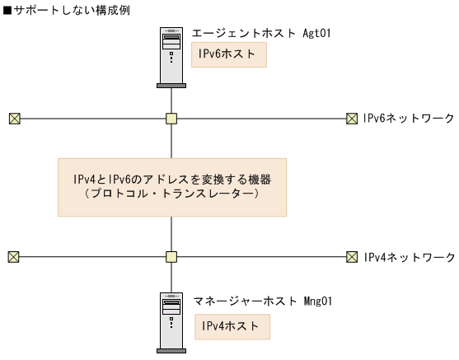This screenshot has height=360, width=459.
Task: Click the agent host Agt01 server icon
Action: tap(171, 57)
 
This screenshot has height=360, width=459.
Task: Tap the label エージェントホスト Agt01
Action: tap(261, 35)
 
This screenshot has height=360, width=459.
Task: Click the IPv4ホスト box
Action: tap(232, 326)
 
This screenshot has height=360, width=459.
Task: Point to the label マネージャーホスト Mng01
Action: tap(263, 301)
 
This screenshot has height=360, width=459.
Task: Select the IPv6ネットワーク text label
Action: tap(408, 119)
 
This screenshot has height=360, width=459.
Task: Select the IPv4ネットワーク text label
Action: tap(408, 257)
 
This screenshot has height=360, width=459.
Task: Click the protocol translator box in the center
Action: tap(171, 187)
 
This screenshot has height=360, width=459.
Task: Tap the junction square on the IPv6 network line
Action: tap(171, 119)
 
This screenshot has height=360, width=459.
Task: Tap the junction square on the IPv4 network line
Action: tap(171, 257)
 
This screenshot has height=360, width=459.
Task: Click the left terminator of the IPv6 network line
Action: tap(13, 119)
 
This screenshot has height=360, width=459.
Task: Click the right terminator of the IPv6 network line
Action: tap(352, 119)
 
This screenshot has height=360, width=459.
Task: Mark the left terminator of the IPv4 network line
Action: tap(13, 257)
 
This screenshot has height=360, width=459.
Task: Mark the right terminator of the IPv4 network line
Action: tap(352, 257)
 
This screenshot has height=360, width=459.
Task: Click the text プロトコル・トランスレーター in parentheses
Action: tap(171, 194)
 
